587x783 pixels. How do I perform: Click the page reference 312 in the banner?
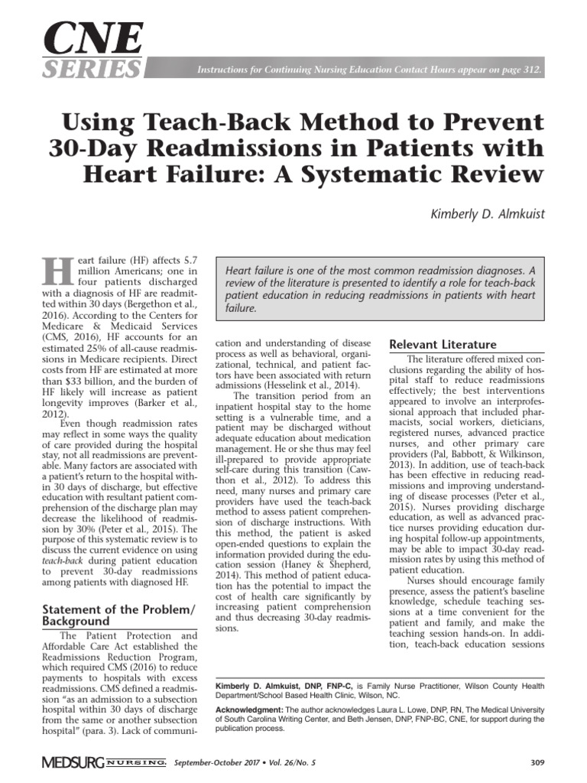(x=533, y=70)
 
